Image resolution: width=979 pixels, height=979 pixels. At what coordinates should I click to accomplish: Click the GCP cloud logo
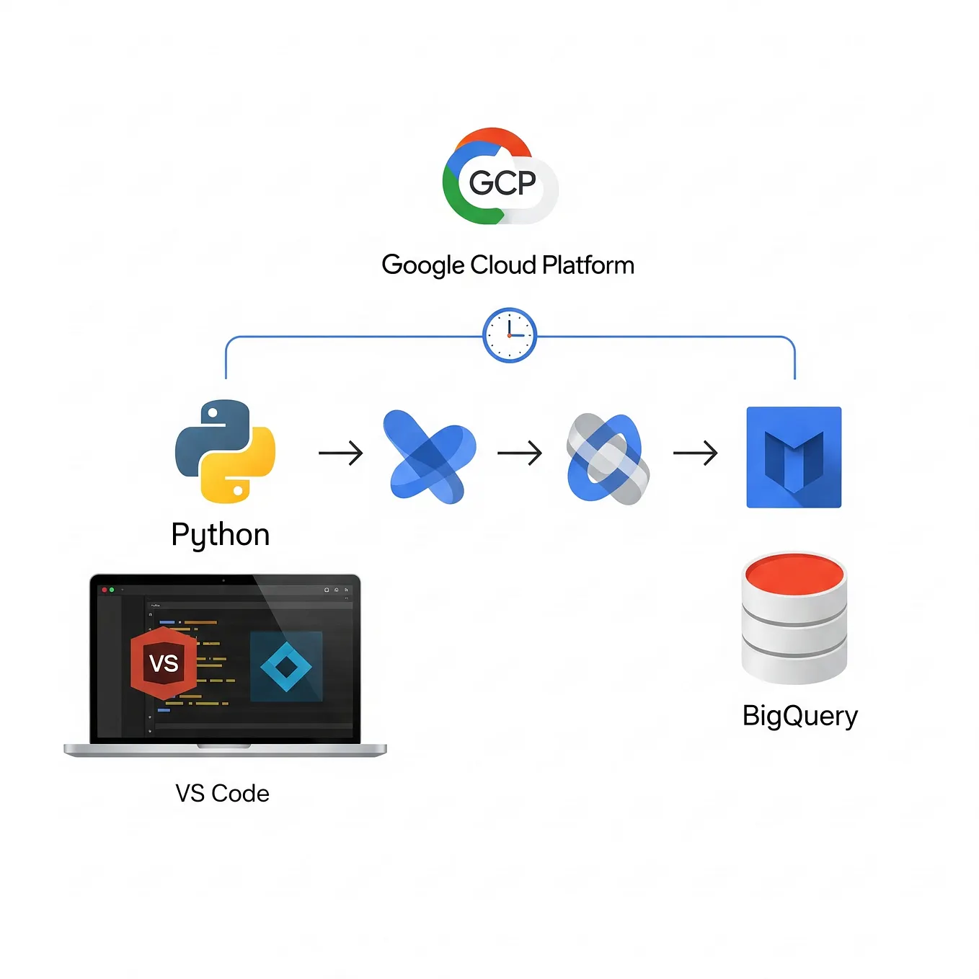(500, 178)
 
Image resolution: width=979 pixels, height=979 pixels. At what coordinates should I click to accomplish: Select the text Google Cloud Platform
(508, 265)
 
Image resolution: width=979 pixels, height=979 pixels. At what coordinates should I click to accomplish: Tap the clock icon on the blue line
(510, 335)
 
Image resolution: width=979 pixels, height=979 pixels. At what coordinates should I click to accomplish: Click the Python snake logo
(225, 451)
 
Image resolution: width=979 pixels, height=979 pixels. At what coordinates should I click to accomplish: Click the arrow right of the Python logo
(340, 453)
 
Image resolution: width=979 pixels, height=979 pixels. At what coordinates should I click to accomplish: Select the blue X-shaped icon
(430, 456)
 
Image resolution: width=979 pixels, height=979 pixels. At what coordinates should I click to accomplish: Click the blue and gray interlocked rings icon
(608, 459)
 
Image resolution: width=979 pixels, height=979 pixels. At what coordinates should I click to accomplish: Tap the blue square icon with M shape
(794, 457)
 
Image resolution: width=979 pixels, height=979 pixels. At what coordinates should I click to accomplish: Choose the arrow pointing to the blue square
(695, 453)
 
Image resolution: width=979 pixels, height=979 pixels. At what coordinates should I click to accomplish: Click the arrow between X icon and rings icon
(519, 453)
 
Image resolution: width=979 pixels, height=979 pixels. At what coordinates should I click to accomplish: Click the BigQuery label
(800, 716)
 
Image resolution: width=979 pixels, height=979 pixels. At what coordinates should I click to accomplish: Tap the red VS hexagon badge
(164, 663)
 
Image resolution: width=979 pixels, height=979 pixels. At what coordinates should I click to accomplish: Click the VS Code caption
(222, 794)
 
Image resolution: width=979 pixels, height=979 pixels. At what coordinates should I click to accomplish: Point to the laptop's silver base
(225, 750)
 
